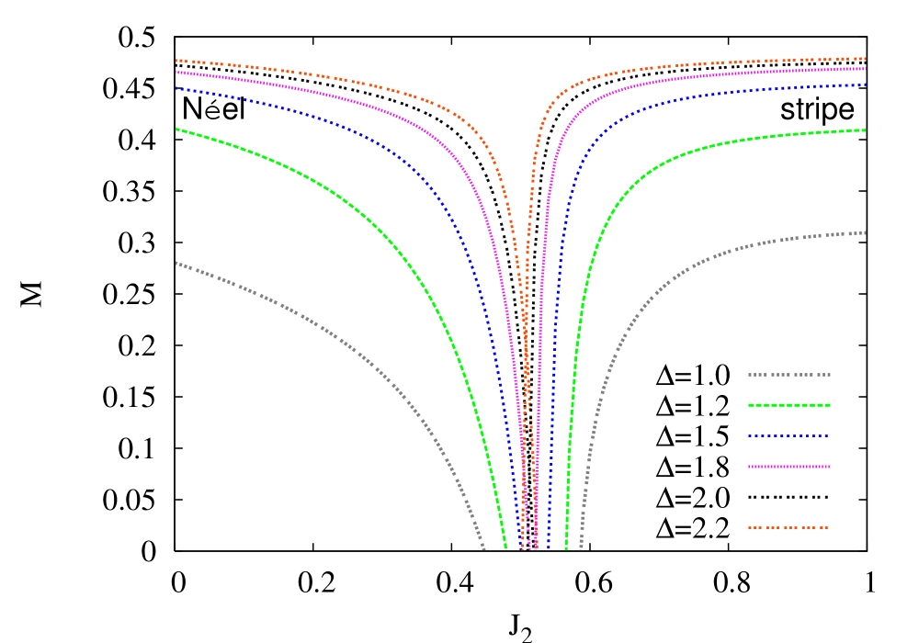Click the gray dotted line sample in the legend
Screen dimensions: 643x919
[x=789, y=375]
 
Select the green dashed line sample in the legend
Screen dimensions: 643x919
[x=789, y=405]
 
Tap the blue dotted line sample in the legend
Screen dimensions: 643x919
[x=789, y=435]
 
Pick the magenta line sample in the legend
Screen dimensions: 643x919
[x=789, y=467]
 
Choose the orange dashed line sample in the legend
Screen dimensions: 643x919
[x=789, y=527]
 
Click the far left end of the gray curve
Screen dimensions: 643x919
[x=176, y=263]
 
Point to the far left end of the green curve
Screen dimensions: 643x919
[x=176, y=130]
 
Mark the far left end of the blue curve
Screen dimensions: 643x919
[x=176, y=88]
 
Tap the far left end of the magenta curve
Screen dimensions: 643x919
[x=176, y=72]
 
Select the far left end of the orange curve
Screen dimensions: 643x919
[x=176, y=60]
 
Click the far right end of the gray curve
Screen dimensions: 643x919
[x=865, y=232]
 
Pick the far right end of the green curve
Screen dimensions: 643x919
[x=865, y=130]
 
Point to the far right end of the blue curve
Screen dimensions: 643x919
[x=865, y=85]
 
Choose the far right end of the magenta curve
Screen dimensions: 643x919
[x=865, y=68]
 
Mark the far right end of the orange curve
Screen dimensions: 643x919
[x=865, y=58]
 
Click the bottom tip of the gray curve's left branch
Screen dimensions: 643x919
[x=483, y=548]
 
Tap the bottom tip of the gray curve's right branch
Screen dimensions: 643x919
[x=581, y=548]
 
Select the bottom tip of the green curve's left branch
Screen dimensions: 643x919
[x=505, y=548]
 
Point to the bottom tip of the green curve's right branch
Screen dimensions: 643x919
[x=565, y=548]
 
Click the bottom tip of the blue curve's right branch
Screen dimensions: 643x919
[x=549, y=548]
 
